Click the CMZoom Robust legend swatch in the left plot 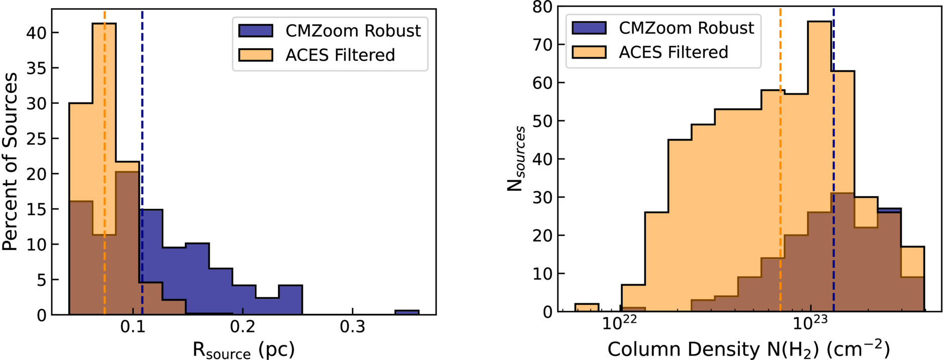pos(255,31)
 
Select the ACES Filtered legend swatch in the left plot pos(255,55)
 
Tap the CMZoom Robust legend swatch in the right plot pos(589,28)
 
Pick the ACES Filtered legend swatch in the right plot pos(589,52)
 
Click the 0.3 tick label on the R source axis pos(353,327)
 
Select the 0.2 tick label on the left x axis pos(243,327)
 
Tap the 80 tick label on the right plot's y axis pos(542,7)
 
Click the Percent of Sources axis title pos(10,162)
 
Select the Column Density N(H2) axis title pos(749,349)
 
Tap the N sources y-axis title pos(516,159)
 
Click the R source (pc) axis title pos(244,350)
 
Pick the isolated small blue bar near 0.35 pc pos(407,313)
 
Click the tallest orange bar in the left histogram pos(104,169)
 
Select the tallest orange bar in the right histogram pos(820,166)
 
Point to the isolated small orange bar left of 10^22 pos(587,308)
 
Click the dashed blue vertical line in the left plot pos(142,162)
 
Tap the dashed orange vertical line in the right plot pos(780,159)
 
